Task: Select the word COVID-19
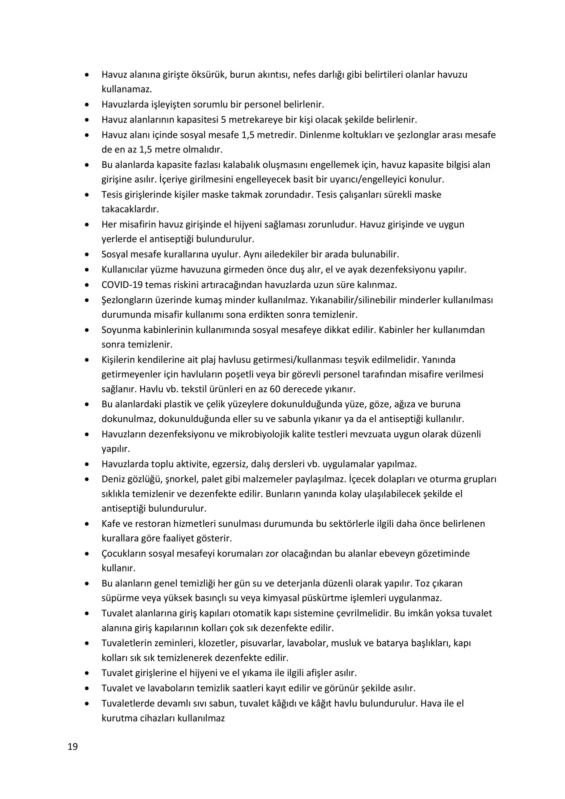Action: click(x=122, y=285)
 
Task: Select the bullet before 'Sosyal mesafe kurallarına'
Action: click(x=87, y=254)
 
